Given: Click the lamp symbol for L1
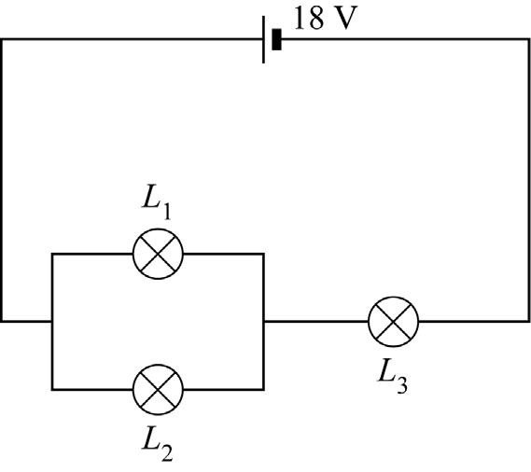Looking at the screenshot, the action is [x=158, y=254].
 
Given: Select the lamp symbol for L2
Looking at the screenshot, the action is [x=158, y=389].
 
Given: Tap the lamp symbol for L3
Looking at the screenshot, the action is [x=394, y=322].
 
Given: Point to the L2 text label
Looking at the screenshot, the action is [x=157, y=443].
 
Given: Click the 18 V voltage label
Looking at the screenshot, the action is [x=326, y=19].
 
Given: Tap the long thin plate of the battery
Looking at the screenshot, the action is [x=263, y=39].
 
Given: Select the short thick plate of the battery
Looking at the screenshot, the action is [x=276, y=39].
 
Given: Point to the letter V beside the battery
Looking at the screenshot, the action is [x=346, y=19].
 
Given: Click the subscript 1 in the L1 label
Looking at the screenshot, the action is [x=166, y=212].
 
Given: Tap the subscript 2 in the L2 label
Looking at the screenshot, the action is [x=167, y=452].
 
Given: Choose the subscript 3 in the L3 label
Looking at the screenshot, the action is [x=402, y=384].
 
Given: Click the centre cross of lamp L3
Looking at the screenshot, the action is [x=394, y=322].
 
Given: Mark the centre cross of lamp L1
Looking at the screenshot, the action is [x=158, y=254].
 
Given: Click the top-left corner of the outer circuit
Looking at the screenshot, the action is [x=2, y=39].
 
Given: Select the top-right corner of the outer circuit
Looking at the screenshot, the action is [x=528, y=39].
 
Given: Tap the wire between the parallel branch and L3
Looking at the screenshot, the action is [x=316, y=321].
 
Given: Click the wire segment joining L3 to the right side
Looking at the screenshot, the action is [x=474, y=321].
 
